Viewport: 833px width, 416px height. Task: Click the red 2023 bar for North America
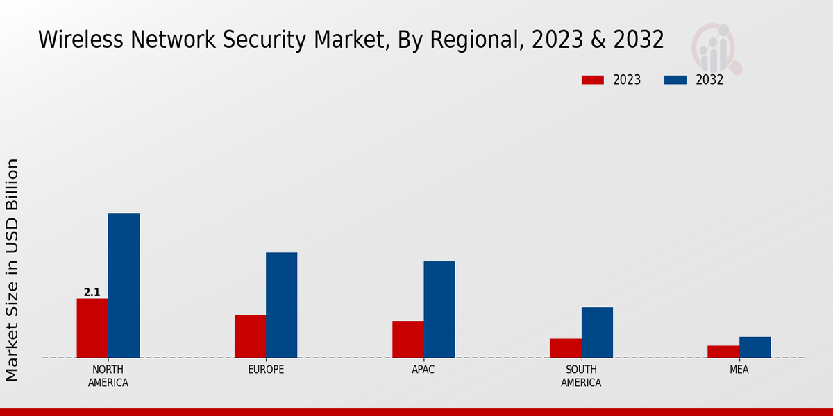(92, 328)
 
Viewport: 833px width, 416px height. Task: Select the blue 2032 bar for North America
(124, 285)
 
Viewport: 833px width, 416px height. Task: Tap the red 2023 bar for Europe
(250, 336)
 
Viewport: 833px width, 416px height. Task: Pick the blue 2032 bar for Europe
(281, 305)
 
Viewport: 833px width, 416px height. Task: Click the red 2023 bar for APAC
(407, 339)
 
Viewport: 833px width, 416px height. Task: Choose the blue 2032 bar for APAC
(439, 309)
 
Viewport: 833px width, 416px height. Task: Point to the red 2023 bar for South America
(565, 348)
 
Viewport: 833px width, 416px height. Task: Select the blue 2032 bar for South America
(597, 332)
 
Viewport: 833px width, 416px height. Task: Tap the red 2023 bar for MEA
(723, 352)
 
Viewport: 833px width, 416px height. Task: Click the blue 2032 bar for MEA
(755, 347)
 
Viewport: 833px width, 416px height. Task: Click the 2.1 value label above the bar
(92, 293)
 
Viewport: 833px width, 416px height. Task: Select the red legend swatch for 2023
(592, 80)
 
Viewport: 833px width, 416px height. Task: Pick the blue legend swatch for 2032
(675, 80)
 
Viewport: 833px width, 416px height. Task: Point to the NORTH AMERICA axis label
(108, 376)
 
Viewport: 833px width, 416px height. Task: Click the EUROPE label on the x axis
(266, 370)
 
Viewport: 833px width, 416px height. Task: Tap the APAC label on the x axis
(423, 370)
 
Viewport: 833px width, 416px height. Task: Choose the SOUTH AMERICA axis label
(581, 376)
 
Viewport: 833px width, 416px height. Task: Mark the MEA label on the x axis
(739, 370)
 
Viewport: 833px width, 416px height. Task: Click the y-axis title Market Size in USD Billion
(12, 270)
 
